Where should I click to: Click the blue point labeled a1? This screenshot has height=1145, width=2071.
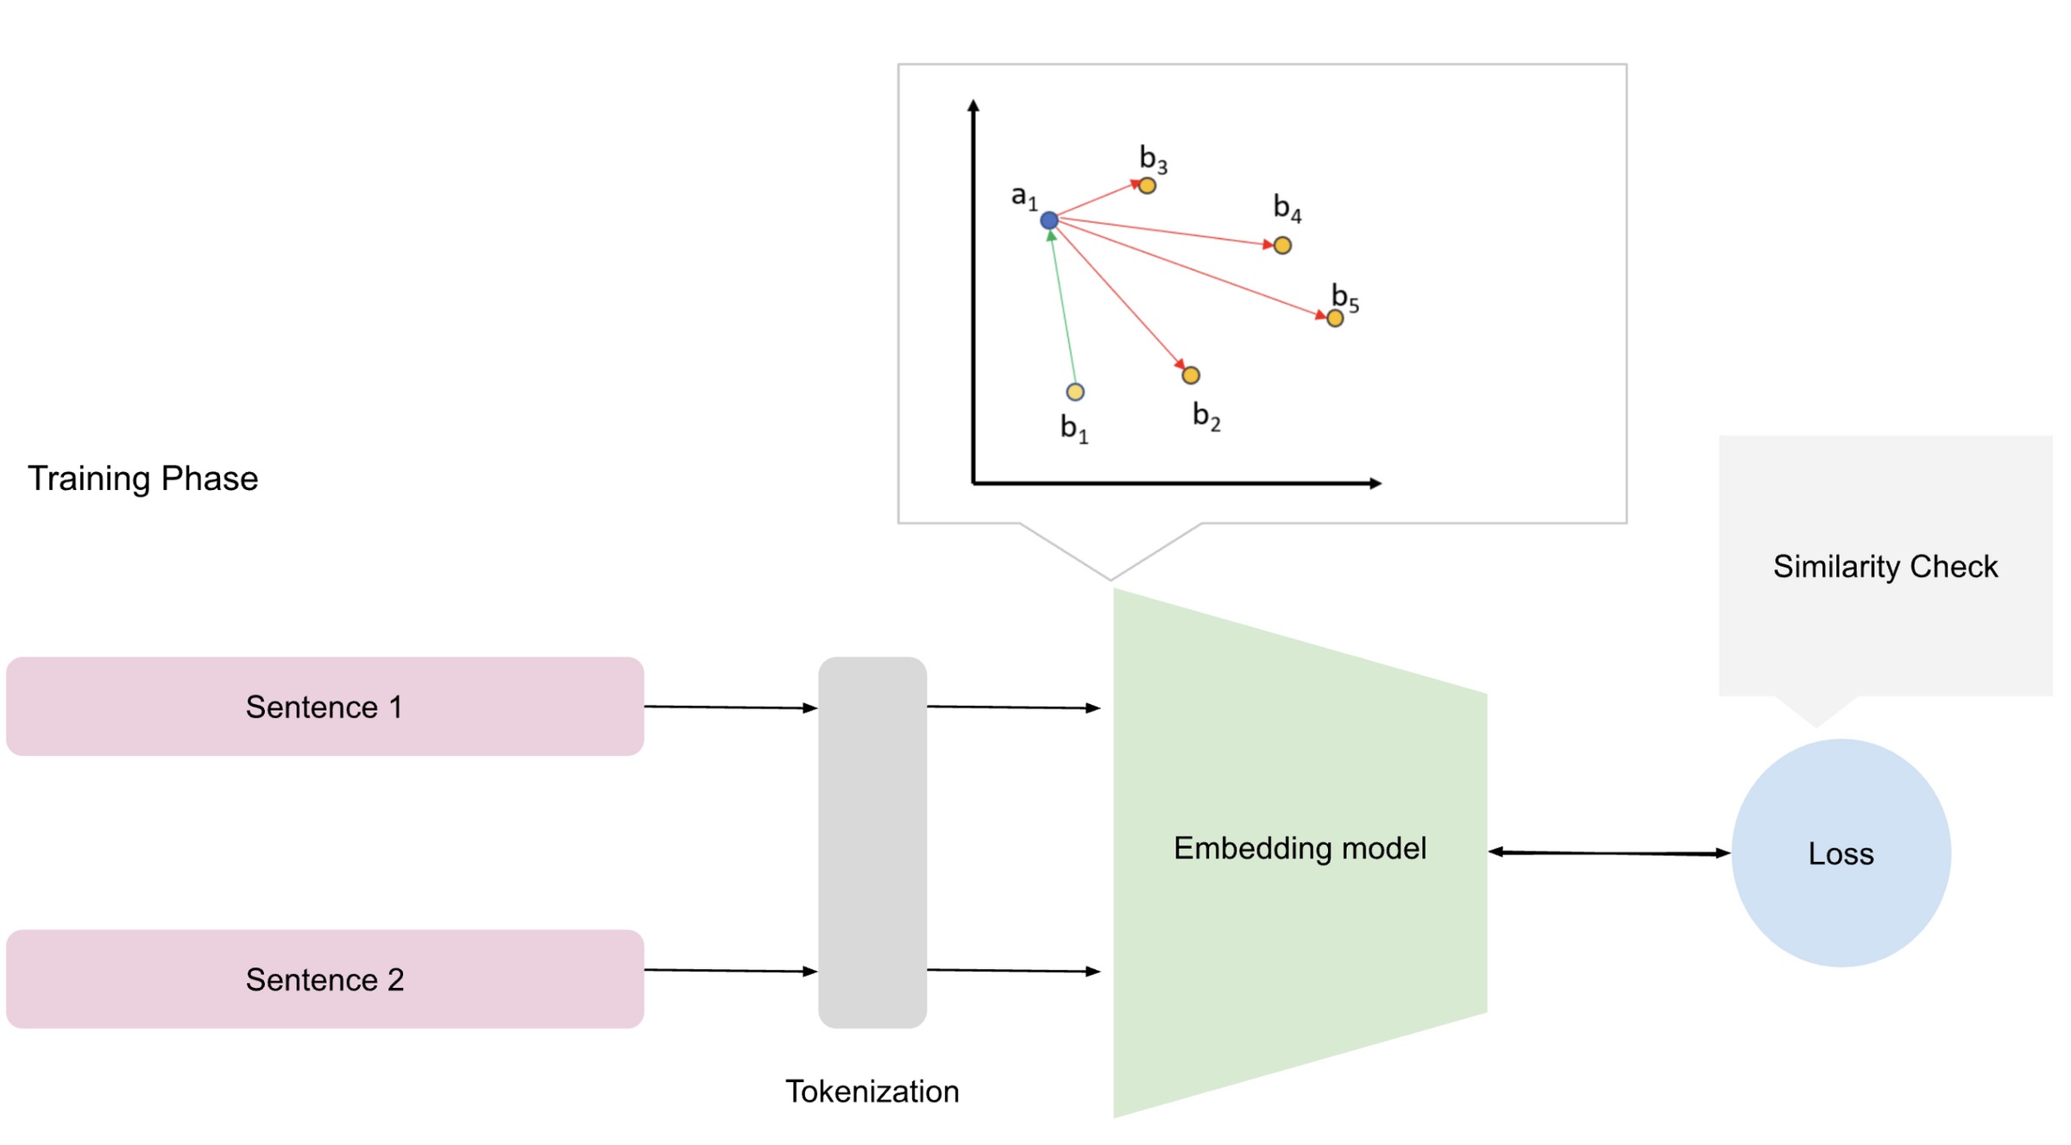pos(1048,220)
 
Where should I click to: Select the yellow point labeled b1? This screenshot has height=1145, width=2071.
pos(1074,392)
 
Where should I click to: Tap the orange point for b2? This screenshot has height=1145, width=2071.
pos(1190,374)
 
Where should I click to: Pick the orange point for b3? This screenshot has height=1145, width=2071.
pos(1147,186)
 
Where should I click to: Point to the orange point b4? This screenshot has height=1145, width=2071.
pos(1282,245)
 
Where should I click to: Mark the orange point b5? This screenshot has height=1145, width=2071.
pos(1334,318)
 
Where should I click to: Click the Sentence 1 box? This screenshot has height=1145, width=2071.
pos(324,706)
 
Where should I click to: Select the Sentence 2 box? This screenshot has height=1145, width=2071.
pos(324,978)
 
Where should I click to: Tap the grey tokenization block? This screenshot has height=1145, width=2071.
pos(872,842)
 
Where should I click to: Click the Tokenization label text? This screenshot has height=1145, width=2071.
pos(872,1092)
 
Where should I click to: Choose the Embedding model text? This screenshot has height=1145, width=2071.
pos(1300,848)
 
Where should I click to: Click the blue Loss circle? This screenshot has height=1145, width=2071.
pos(1841,852)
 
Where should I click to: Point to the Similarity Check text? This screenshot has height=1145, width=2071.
pos(1885,566)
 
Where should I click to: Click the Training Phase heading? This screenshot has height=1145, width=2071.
pos(142,478)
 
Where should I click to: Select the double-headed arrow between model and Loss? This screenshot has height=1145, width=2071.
pos(1608,852)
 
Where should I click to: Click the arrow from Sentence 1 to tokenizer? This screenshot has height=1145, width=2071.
pos(730,708)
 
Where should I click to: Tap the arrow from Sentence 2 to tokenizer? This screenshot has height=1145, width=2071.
pos(730,971)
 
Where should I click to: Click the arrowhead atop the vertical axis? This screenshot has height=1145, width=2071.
pos(973,105)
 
